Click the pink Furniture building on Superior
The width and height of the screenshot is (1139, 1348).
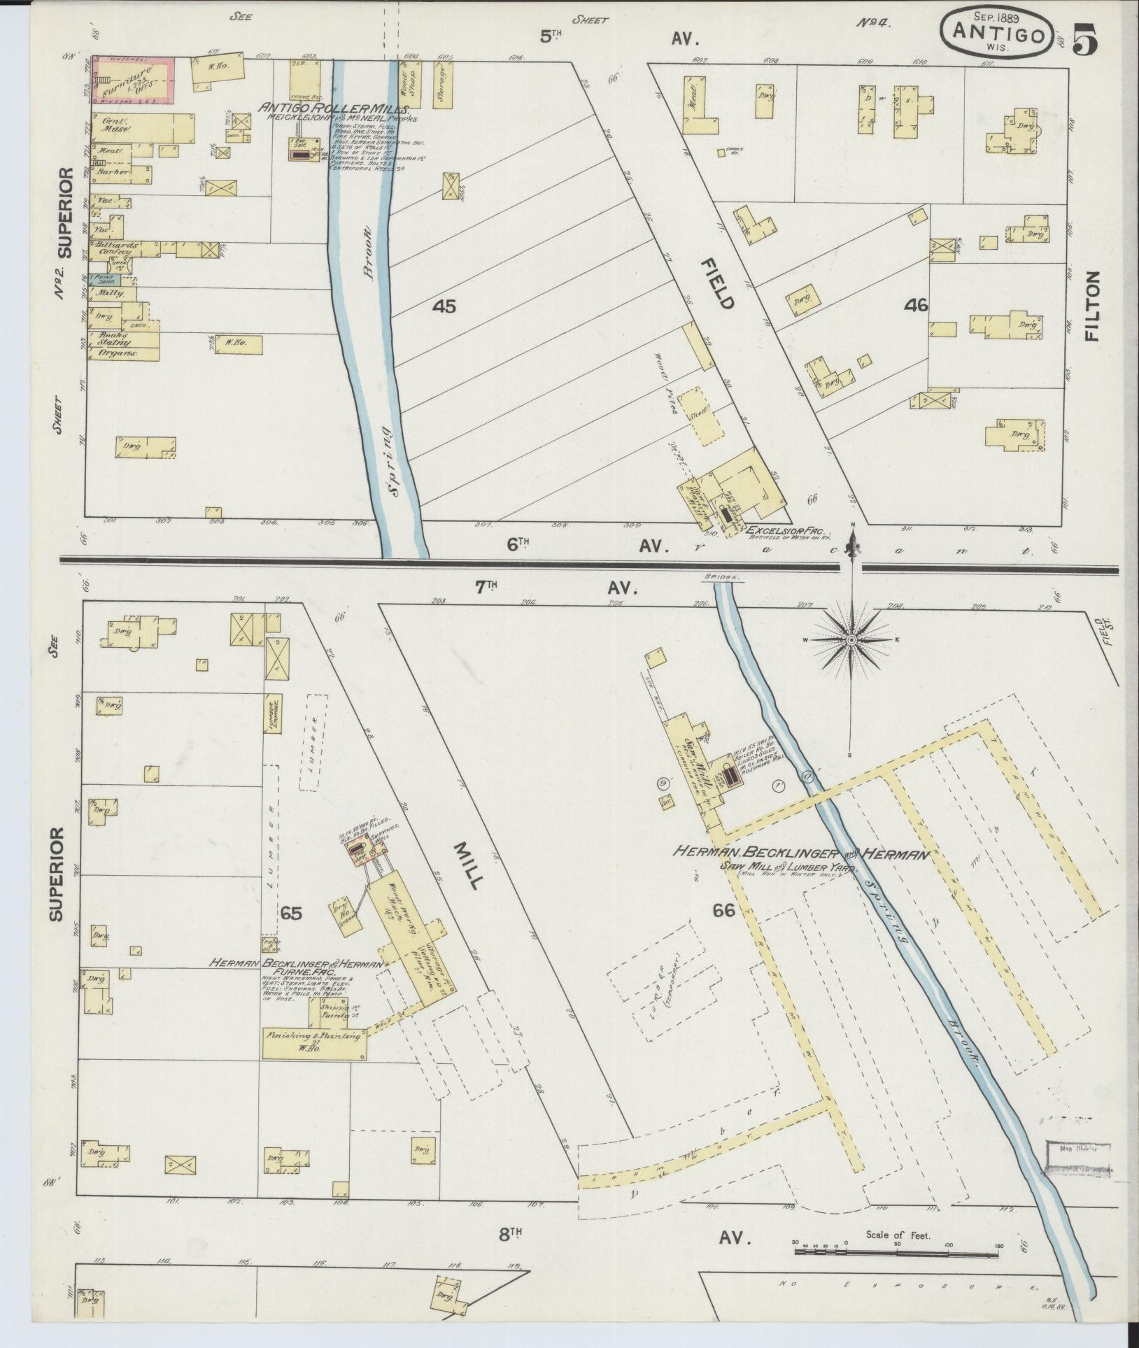[132, 83]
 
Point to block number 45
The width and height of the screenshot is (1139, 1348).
[444, 306]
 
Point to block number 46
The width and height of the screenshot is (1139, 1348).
[915, 305]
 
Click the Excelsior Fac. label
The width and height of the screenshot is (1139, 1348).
[778, 529]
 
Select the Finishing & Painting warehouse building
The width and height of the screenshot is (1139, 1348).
[313, 1054]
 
